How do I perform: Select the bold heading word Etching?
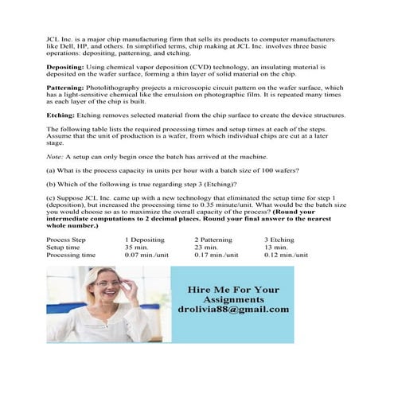tap(60, 115)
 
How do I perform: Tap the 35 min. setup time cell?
tap(138, 247)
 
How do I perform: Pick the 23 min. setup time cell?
tap(207, 247)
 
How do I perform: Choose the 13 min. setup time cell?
tap(277, 247)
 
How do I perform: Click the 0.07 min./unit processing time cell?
tap(147, 255)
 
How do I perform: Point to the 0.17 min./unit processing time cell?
tap(217, 255)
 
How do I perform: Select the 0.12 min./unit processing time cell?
tap(287, 255)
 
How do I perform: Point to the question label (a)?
tap(51, 171)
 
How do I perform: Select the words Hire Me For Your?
tap(233, 289)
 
